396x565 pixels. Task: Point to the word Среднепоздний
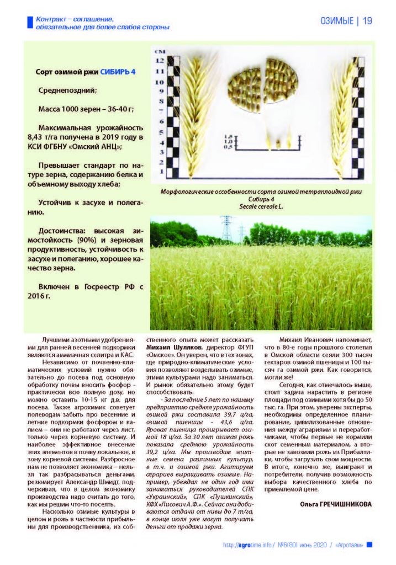point(68,90)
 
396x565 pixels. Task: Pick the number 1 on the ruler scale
point(161,172)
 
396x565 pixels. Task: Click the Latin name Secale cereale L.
point(261,206)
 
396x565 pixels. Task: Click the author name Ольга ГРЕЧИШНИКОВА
point(336,504)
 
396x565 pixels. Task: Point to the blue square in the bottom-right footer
point(369,545)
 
